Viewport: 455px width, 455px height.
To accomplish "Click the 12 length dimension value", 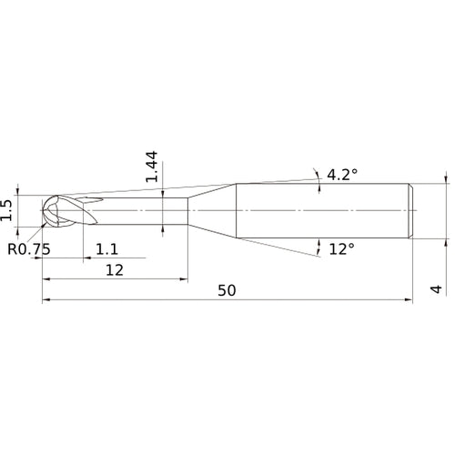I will click(114, 269).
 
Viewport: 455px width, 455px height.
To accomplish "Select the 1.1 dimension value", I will click(107, 248).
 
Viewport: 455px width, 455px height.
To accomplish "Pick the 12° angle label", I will click(340, 248).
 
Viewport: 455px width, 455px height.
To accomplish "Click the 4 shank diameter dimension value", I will click(436, 289).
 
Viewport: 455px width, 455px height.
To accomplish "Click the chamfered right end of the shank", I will click(413, 212).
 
